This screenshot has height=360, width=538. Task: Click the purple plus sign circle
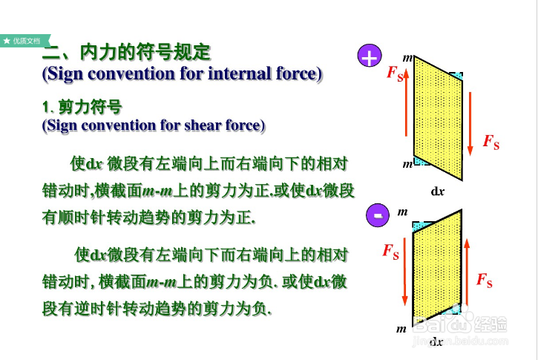pyautogui.click(x=369, y=56)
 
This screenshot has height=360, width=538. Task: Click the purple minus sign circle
pyautogui.click(x=378, y=215)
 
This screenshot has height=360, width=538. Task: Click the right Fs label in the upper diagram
pyautogui.click(x=491, y=141)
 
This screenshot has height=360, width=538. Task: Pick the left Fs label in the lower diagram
pyautogui.click(x=390, y=251)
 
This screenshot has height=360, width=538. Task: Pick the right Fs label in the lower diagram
pyautogui.click(x=484, y=280)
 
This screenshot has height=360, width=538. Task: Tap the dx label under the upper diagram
pyautogui.click(x=438, y=190)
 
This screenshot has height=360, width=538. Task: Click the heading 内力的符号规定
pyautogui.click(x=145, y=53)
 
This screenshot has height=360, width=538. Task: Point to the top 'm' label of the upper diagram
pyautogui.click(x=407, y=58)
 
